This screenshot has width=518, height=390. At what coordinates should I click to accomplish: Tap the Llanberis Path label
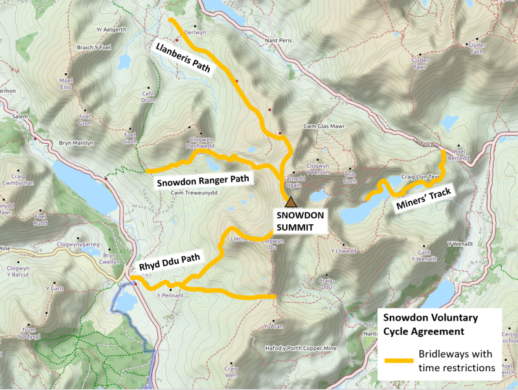tap(183, 60)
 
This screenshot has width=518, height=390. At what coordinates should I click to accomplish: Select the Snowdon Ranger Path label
tap(203, 181)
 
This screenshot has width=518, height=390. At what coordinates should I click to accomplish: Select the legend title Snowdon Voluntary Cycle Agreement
tap(430, 324)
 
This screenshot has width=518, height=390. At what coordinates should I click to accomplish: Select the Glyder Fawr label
tap(420, 63)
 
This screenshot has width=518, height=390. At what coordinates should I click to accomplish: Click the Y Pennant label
tap(170, 295)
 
